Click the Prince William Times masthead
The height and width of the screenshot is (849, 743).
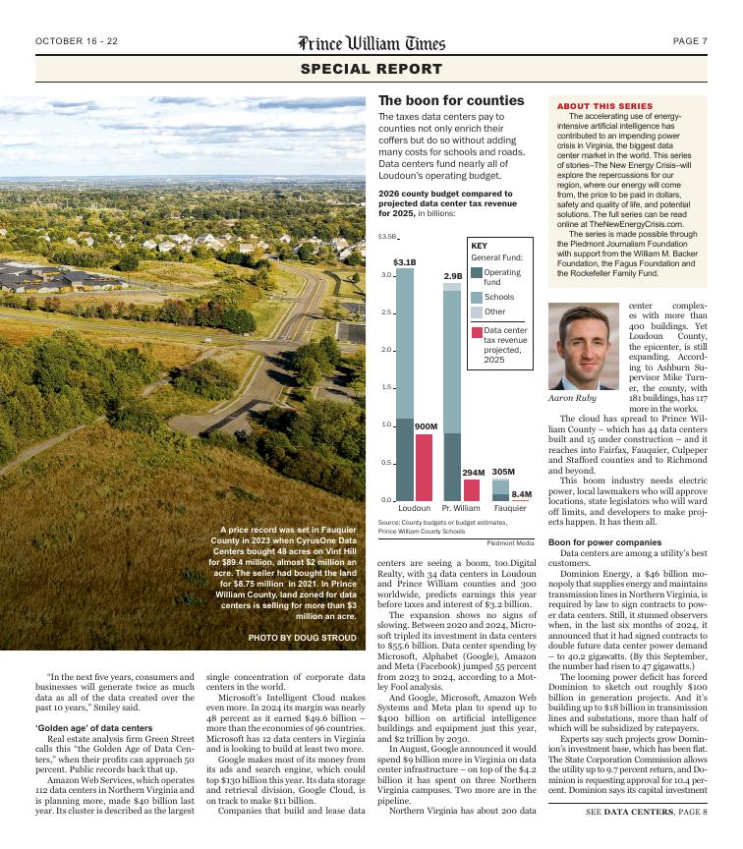coord(371,42)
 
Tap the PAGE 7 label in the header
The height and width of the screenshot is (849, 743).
coord(690,41)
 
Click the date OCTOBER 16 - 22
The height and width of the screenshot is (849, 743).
coord(77,41)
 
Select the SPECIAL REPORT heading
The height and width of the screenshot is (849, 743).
coord(371,70)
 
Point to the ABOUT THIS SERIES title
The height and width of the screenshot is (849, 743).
coord(604,105)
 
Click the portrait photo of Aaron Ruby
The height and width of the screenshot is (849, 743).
coord(583,345)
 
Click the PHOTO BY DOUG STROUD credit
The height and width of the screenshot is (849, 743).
coord(303,638)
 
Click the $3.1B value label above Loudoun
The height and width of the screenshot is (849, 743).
coord(405,262)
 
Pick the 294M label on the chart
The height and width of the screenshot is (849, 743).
coord(474,473)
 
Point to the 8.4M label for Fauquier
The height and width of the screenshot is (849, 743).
coord(522,493)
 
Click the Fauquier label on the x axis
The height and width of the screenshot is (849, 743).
coord(510,509)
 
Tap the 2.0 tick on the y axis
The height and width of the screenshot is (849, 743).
coord(386,350)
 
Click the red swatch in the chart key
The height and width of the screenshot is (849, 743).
coord(476,332)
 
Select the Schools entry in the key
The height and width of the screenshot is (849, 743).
coord(498,296)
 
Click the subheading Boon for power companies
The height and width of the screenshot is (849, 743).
coord(604,542)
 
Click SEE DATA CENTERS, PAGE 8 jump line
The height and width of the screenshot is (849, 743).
coord(646,838)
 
